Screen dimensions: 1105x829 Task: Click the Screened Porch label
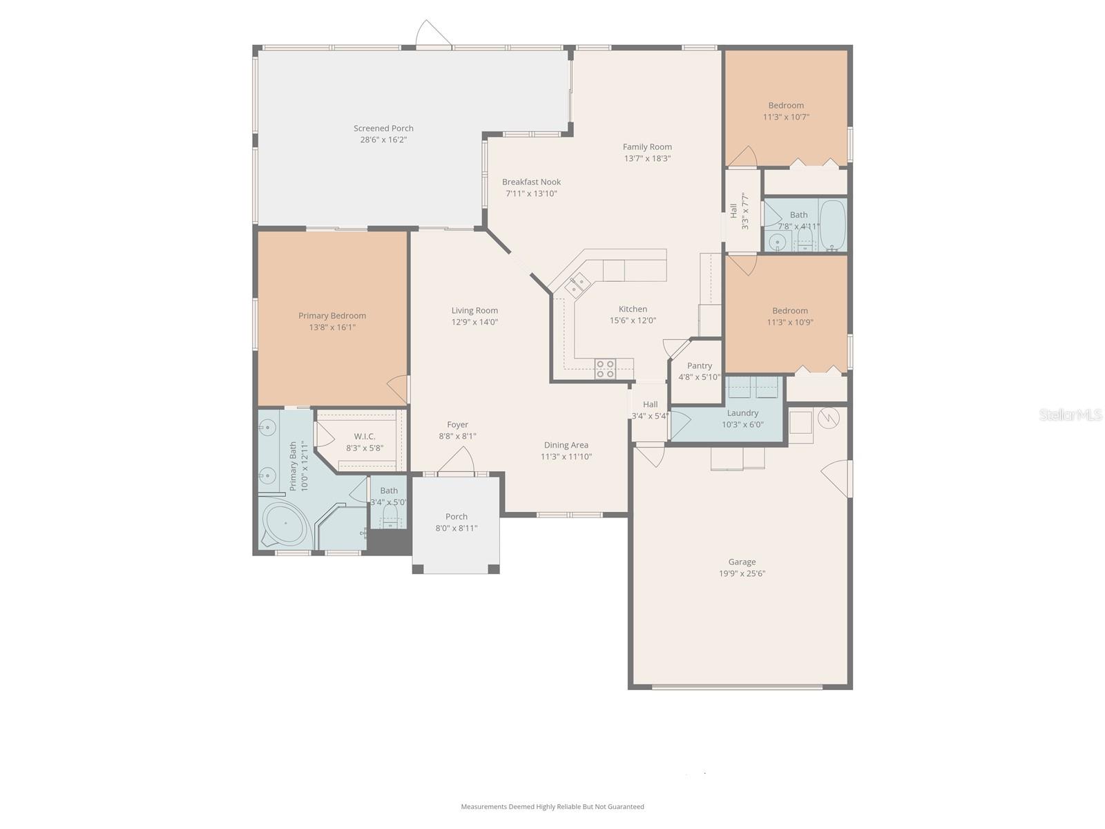pos(383,128)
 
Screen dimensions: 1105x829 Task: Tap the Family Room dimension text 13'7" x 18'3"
pos(647,159)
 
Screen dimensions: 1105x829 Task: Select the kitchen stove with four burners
pos(604,369)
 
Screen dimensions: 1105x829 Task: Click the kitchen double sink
pos(577,285)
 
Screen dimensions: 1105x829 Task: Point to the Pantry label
pos(699,366)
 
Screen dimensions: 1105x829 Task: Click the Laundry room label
pos(742,413)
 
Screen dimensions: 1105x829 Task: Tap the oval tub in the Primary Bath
pos(285,524)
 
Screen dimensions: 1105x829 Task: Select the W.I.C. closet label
pos(365,437)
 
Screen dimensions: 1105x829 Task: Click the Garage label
pos(742,562)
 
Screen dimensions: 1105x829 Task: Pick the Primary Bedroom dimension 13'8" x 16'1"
pos(332,327)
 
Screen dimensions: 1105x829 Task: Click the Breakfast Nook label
pos(531,182)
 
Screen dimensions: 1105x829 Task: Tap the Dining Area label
pos(566,445)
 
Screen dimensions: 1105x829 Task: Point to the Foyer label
pos(457,425)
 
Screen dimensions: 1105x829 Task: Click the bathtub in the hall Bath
pos(832,225)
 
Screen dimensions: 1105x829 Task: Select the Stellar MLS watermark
pos(1070,414)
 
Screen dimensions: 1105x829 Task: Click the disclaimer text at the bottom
pos(552,806)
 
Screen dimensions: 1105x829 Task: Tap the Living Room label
pos(474,311)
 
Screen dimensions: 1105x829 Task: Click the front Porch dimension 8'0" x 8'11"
pos(456,528)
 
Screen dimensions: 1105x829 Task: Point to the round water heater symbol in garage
pos(828,418)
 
